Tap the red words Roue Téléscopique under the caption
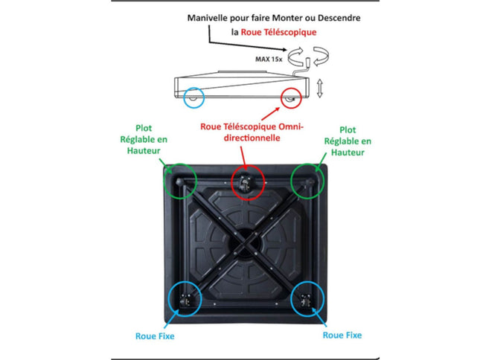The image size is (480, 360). pos(278,32)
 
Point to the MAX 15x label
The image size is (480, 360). pos(269,59)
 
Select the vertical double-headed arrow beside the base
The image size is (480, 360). pos(319,88)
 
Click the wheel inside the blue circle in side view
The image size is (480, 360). pos(193,98)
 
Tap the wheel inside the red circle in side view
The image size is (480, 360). pos(290,98)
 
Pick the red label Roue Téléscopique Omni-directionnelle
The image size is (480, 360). pos(252,132)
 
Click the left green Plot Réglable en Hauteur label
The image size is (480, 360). pos(144,139)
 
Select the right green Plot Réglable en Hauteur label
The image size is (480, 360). pos(348,141)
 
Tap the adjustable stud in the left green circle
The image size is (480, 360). pos(179,182)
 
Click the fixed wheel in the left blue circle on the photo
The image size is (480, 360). pos(185,300)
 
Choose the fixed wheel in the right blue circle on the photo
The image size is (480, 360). pos(306,300)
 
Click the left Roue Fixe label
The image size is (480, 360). pos(155,336)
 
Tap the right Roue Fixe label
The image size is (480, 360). pos(342,335)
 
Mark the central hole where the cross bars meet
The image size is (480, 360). pos(245,243)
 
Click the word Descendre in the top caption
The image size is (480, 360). pos(339,18)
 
